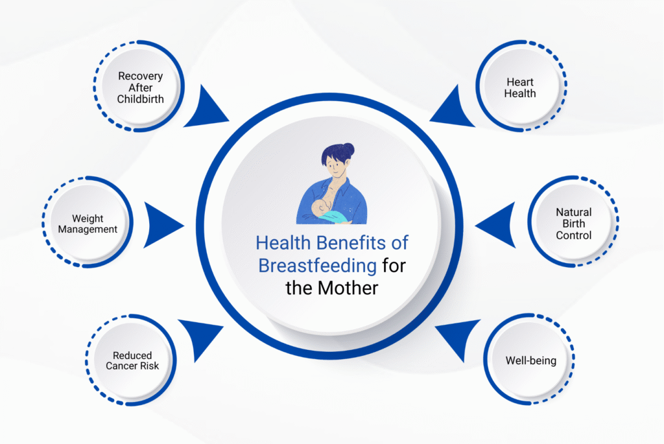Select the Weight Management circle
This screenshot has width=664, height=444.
tap(88, 222)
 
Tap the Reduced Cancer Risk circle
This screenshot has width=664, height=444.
tap(131, 360)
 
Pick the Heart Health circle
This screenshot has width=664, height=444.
tap(521, 86)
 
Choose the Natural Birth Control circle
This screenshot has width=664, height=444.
tap(573, 222)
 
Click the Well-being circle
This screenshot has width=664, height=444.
tap(529, 359)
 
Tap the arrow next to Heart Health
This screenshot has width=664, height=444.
tap(453, 108)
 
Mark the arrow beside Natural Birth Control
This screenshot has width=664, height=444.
tap(495, 225)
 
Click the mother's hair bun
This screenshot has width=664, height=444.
tap(348, 150)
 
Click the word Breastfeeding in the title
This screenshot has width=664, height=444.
tap(317, 266)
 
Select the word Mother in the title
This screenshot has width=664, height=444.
tap(348, 288)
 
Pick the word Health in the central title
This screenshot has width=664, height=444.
tap(283, 243)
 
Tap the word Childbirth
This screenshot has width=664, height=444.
tap(140, 99)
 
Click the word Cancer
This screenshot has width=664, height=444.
tap(120, 366)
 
